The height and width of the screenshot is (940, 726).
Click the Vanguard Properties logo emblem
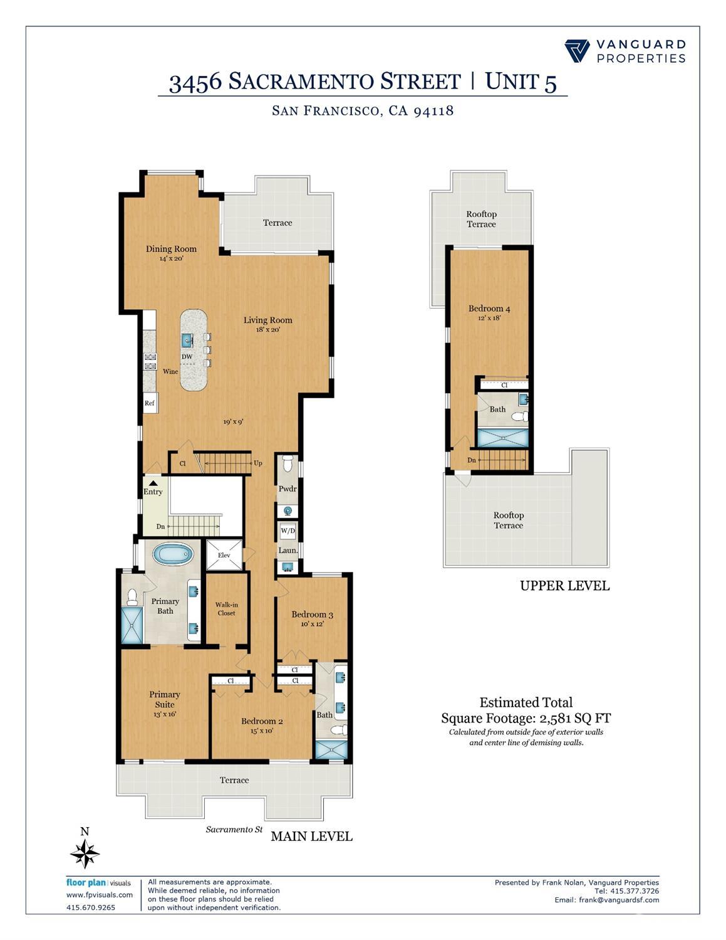tap(577, 51)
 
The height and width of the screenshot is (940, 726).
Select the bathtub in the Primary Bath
tap(174, 554)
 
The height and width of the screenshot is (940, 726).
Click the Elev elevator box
tap(224, 555)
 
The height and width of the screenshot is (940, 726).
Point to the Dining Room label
tap(171, 249)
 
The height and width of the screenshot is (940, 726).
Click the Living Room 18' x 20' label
tap(267, 324)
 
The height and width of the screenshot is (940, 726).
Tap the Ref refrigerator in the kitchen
tap(150, 403)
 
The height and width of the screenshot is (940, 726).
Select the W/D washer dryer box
tap(288, 531)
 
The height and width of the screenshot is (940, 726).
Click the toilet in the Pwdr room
tap(288, 464)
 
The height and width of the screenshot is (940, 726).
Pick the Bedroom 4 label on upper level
tap(489, 309)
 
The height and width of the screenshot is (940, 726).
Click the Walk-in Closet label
tap(226, 609)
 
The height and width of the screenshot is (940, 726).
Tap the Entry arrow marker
tap(152, 483)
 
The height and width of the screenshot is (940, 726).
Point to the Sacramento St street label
tap(234, 830)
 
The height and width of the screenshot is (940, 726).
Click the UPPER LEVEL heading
tap(564, 586)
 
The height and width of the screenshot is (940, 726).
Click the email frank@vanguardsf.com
tap(606, 900)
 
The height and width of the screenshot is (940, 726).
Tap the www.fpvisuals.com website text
tap(100, 895)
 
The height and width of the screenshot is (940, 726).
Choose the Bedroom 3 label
tap(312, 615)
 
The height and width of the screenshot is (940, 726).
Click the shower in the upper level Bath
tap(503, 438)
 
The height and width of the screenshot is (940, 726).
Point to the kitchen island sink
tap(187, 341)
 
